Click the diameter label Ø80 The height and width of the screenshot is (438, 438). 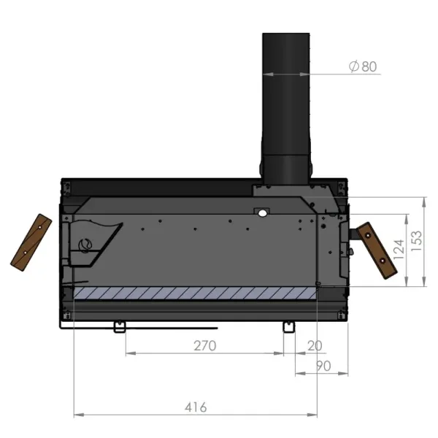[x=363, y=66]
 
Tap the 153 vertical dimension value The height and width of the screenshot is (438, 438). [x=418, y=242]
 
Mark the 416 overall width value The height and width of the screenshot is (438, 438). [x=196, y=407]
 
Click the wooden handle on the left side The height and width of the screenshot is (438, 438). [x=29, y=242]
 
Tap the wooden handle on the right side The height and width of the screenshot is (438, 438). [x=374, y=251]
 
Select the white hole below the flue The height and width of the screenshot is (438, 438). [x=261, y=212]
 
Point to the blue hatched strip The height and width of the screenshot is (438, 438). [x=196, y=293]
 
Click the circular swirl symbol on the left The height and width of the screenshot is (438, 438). [x=85, y=245]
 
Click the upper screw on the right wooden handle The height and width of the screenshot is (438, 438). [x=367, y=237]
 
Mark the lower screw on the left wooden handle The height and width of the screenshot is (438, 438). [x=23, y=255]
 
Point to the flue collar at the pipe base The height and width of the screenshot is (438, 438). [x=285, y=169]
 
